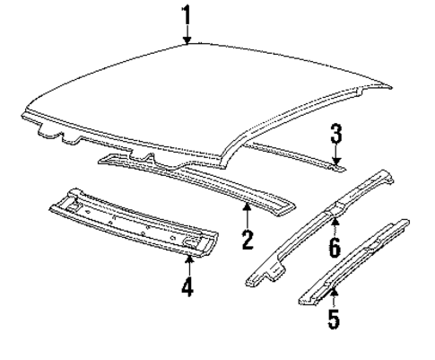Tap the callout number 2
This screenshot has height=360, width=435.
pyautogui.click(x=248, y=238)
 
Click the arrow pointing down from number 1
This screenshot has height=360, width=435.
pyautogui.click(x=187, y=34)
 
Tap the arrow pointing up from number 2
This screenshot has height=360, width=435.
pyautogui.click(x=248, y=215)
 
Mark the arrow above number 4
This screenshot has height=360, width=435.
pyautogui.click(x=188, y=266)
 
